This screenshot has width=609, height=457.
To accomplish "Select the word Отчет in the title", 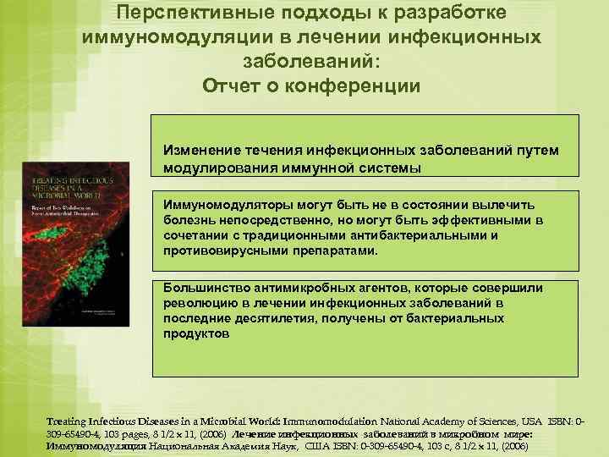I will [x=233, y=86].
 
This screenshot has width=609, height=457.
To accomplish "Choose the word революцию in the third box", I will [x=200, y=303].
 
